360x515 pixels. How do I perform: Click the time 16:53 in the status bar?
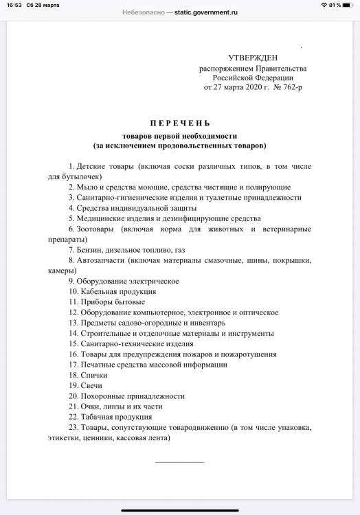pos(12,5)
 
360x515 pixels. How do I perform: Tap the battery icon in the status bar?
pos(348,5)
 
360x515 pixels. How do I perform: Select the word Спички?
pos(93,375)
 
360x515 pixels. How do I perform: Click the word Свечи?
pos(91,385)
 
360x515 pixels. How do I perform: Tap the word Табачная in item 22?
pos(98,416)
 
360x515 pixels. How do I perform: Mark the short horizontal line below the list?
pos(179,461)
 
